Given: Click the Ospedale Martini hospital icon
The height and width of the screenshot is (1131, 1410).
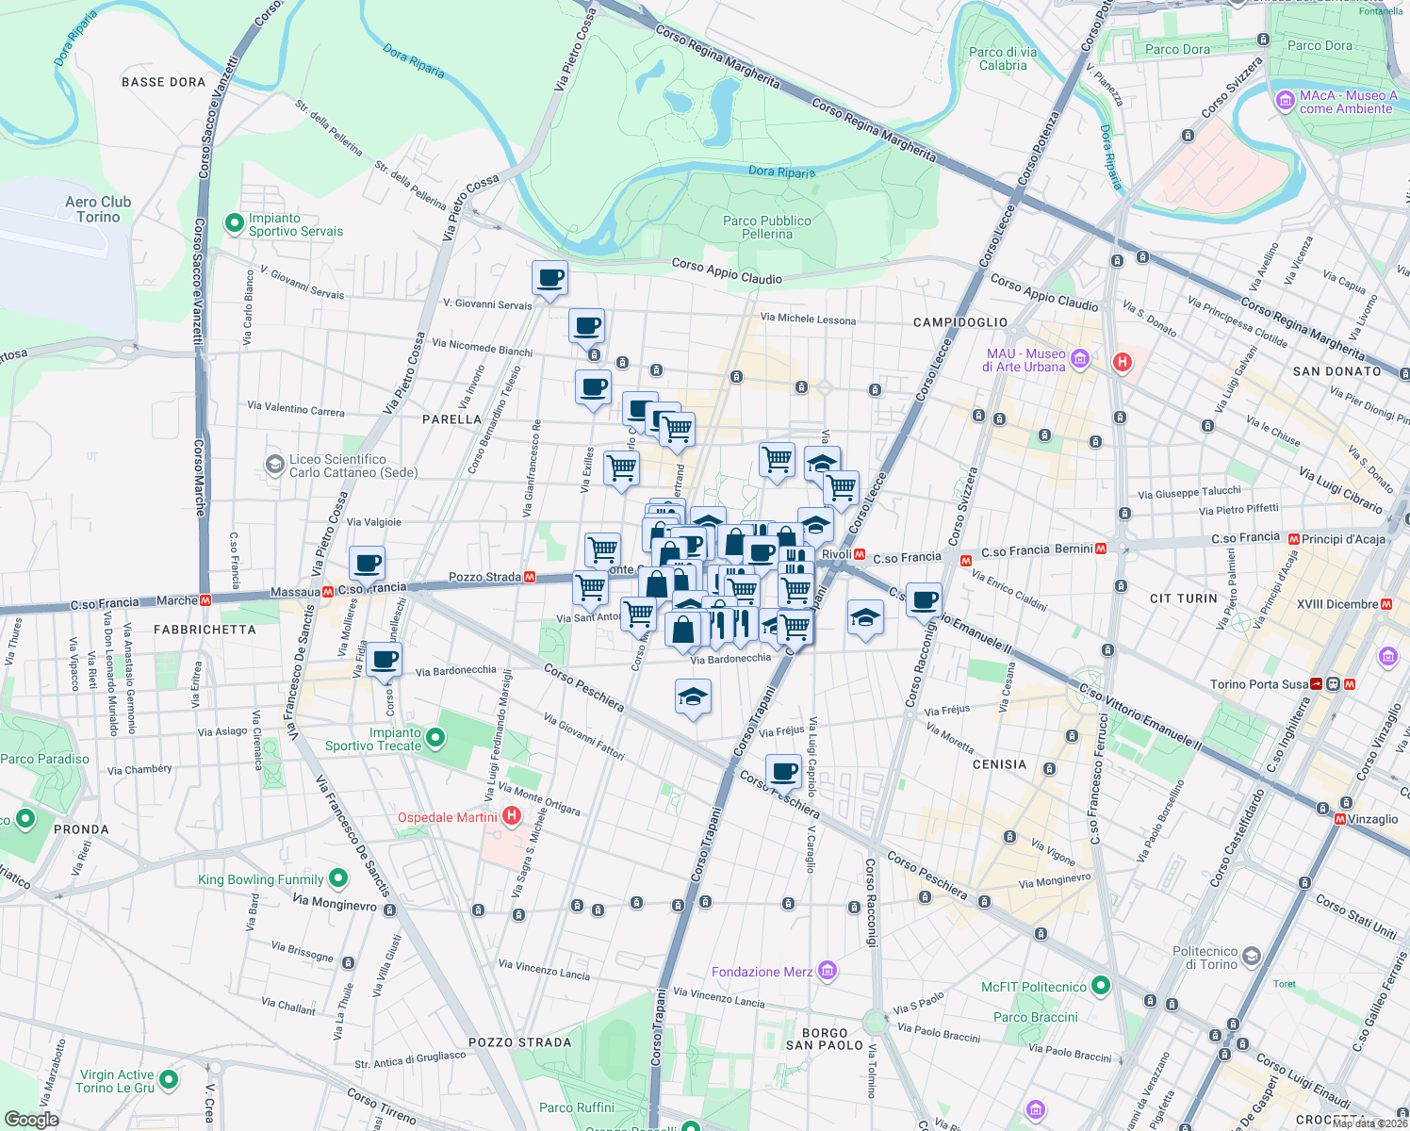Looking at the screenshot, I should tap(512, 816).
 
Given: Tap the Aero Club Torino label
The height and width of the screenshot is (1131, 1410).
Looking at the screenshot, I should tap(98, 209).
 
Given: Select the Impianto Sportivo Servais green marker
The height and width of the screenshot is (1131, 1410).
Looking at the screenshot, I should tap(234, 224).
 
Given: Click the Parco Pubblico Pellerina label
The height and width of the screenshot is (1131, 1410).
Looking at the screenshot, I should tap(766, 227).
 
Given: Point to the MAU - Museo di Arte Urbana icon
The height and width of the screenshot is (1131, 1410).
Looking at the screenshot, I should tap(1080, 359).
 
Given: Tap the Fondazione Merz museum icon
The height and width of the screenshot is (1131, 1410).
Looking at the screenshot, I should tap(827, 971).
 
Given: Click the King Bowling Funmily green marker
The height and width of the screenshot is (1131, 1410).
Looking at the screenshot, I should tap(338, 879).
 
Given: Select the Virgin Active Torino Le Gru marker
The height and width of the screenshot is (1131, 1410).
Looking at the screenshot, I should tap(169, 1080).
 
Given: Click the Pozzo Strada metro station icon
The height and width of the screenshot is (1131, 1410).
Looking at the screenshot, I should tap(530, 577).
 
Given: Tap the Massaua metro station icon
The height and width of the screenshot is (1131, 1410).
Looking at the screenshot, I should tap(328, 592).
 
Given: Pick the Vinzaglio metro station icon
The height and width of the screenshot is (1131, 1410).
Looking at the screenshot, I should tap(1339, 819).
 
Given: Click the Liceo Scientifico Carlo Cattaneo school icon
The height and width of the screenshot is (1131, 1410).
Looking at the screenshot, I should tap(274, 465).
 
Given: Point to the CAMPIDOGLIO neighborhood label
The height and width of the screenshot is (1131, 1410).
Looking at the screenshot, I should tap(959, 322).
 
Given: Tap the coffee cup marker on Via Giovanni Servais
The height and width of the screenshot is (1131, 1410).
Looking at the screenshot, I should tap(549, 279).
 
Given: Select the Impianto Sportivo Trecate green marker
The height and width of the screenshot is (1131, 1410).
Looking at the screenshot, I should tap(435, 738).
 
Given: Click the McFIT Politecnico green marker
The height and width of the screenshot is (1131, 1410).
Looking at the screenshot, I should tap(1100, 986).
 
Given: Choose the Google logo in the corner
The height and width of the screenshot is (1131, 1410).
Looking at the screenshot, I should tap(31, 1119).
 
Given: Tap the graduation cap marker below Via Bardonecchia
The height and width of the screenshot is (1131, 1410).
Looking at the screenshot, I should tap(693, 697).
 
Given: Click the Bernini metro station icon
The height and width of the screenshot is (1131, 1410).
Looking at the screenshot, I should tap(1100, 548).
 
